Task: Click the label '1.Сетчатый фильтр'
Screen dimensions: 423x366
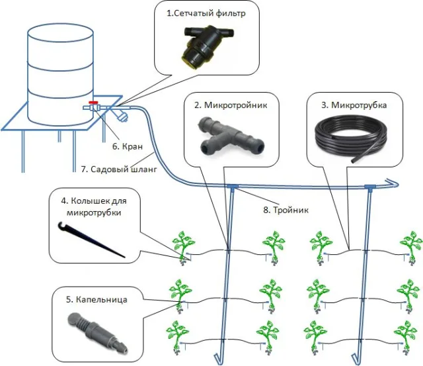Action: click(x=206, y=13)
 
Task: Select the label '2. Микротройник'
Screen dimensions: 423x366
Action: click(x=231, y=105)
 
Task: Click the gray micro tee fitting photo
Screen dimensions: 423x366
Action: click(x=231, y=136)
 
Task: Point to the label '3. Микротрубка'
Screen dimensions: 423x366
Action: click(x=354, y=105)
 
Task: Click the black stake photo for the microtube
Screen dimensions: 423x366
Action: click(x=92, y=240)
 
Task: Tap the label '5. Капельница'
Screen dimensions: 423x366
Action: click(x=96, y=300)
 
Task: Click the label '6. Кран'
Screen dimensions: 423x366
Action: click(x=128, y=146)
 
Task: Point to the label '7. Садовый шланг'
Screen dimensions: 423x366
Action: click(x=119, y=169)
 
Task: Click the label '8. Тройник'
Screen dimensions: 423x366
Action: click(x=286, y=210)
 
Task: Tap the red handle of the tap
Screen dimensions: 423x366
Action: click(x=94, y=103)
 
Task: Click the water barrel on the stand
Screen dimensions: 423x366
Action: click(x=60, y=74)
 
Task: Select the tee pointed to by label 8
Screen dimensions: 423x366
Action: click(x=232, y=187)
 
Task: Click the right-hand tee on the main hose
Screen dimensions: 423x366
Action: click(x=370, y=187)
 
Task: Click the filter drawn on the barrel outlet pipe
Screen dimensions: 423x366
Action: click(x=120, y=113)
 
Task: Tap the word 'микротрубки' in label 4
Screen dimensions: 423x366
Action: click(x=94, y=212)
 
